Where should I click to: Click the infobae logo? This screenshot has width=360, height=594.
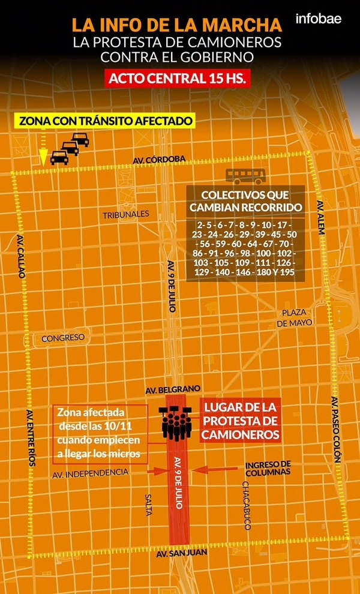(x=318, y=19)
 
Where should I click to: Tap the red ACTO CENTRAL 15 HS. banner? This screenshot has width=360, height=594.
(x=177, y=79)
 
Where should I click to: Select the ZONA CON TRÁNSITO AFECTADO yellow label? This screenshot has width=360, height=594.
(x=106, y=121)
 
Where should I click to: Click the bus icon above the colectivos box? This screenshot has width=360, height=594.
(x=245, y=176)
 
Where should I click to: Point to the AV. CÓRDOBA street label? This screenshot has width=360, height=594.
(x=160, y=159)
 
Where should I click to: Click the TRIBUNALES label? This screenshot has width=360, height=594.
(x=125, y=214)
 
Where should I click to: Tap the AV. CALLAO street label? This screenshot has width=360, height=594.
(x=22, y=254)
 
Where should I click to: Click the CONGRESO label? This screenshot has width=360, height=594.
(x=63, y=338)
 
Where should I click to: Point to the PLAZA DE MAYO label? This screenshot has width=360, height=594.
(x=295, y=318)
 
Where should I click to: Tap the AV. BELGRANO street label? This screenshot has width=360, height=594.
(x=173, y=389)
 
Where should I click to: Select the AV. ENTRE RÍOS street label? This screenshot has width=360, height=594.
(x=31, y=439)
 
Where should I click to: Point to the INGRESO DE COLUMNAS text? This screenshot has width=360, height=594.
(x=268, y=468)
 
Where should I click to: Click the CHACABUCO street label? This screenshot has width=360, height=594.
(x=247, y=505)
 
